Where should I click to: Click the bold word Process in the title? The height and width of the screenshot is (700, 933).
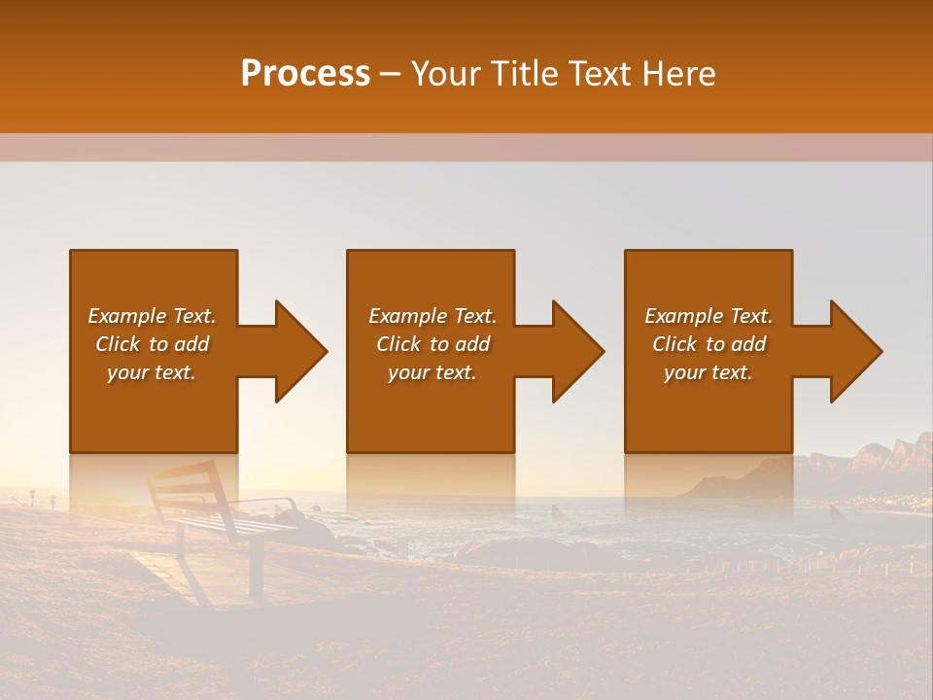click(x=305, y=74)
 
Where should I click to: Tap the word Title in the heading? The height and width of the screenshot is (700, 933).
click(x=521, y=74)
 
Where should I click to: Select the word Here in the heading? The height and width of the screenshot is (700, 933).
click(x=679, y=74)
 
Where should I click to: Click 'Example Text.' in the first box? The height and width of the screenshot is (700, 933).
click(x=152, y=316)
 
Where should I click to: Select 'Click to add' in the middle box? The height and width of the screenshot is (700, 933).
click(x=432, y=344)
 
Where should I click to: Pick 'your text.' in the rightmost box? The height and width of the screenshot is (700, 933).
click(x=708, y=372)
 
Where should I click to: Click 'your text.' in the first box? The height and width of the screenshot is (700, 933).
click(x=152, y=372)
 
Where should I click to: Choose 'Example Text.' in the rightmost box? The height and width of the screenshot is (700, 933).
click(x=708, y=316)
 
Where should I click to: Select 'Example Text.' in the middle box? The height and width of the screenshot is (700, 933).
click(x=432, y=316)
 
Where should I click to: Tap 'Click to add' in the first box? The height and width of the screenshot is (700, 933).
click(x=152, y=344)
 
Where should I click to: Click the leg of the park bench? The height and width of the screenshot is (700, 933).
click(x=256, y=569)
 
